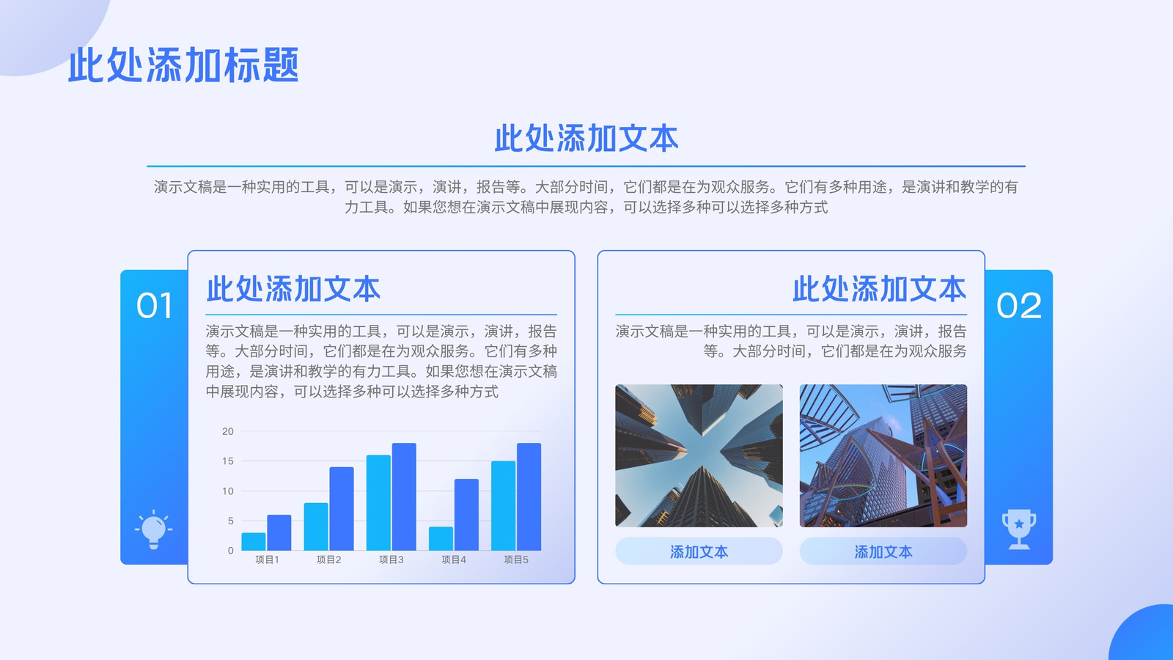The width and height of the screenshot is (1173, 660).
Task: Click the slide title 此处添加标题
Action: (183, 65)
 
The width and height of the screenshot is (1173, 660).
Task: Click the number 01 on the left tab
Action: (155, 305)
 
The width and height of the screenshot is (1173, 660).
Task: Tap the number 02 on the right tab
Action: (1018, 305)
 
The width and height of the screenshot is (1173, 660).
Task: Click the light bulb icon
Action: (153, 529)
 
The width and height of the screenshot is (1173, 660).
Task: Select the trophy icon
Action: (1019, 529)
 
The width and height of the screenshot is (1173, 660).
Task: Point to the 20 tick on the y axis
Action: (228, 431)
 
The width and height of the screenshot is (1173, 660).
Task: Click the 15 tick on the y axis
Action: (228, 461)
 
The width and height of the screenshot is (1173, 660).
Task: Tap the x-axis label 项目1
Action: (267, 560)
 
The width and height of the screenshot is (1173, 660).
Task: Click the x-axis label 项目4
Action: (454, 560)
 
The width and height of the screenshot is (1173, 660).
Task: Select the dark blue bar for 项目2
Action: (342, 509)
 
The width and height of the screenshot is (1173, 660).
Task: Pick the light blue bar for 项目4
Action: (441, 538)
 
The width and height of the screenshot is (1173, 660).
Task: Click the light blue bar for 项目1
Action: (254, 542)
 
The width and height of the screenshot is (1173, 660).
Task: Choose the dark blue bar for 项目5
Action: (529, 496)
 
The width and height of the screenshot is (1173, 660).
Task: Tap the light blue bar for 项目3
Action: (378, 503)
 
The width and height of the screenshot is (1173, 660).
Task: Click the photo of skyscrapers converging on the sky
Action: (699, 455)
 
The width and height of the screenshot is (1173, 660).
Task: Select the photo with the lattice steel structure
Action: (883, 455)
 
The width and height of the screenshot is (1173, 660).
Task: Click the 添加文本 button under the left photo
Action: (699, 551)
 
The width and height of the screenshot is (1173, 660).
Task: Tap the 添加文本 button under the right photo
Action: (883, 551)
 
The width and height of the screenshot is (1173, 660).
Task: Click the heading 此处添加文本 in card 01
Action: (293, 289)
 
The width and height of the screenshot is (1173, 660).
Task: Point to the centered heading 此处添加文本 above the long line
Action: (586, 139)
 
